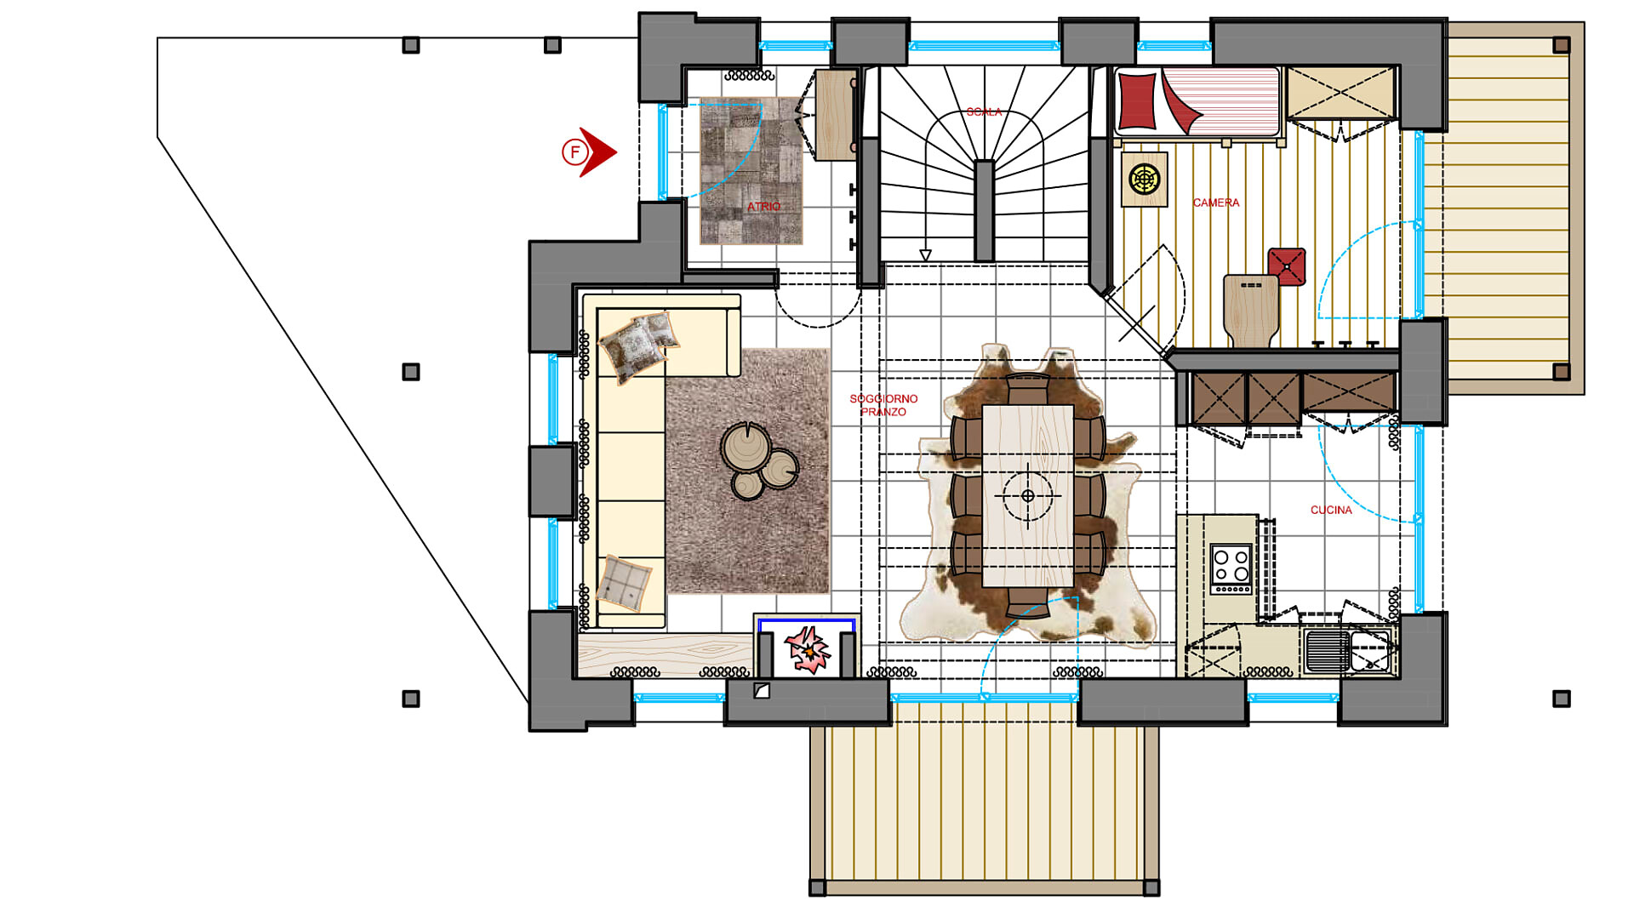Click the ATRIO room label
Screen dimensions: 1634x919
click(x=763, y=207)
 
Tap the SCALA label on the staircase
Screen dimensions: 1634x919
click(x=984, y=112)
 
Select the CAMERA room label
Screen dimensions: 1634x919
click(x=1215, y=203)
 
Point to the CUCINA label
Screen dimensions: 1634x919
click(x=1331, y=510)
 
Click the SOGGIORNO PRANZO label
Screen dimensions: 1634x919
click(x=883, y=405)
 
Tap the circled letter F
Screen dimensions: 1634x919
click(x=574, y=152)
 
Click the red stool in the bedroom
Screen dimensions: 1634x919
click(x=1286, y=266)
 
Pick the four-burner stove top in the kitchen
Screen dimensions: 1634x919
click(x=1231, y=568)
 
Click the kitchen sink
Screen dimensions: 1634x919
click(x=1348, y=650)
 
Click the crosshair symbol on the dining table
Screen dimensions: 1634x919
click(x=1027, y=495)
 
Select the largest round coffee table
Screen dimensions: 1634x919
click(x=746, y=447)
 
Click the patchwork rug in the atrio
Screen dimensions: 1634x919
click(x=751, y=170)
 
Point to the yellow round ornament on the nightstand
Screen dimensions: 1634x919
click(x=1145, y=180)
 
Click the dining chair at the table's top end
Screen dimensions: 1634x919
click(x=1027, y=389)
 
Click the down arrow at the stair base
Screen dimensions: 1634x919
click(x=925, y=255)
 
